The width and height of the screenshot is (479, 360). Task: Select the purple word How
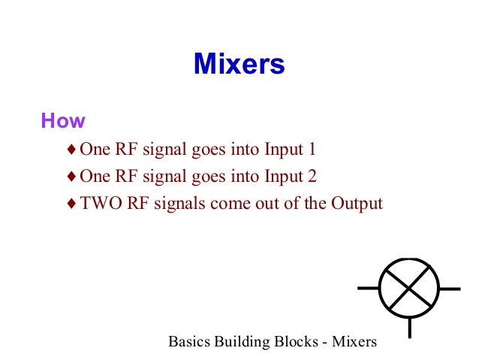coord(63,121)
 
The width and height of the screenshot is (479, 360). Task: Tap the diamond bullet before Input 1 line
coord(71,149)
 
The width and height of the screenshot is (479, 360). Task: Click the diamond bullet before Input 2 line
coord(71,177)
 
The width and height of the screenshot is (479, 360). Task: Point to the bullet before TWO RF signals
coord(71,204)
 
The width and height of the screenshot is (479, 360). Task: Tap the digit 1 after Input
coord(312,149)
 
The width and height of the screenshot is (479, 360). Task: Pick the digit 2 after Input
coord(312,177)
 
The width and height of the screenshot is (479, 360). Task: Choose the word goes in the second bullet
coord(212,177)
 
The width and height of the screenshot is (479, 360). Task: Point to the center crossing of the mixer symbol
coord(409,288)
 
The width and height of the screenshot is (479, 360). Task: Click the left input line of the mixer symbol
coord(368,288)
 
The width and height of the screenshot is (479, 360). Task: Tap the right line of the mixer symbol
coord(450,288)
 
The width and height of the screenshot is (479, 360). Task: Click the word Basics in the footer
coord(189,342)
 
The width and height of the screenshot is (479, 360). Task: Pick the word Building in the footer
coord(239,343)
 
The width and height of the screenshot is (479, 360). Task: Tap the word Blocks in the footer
coord(293,342)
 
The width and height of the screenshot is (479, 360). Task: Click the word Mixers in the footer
coord(353,342)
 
